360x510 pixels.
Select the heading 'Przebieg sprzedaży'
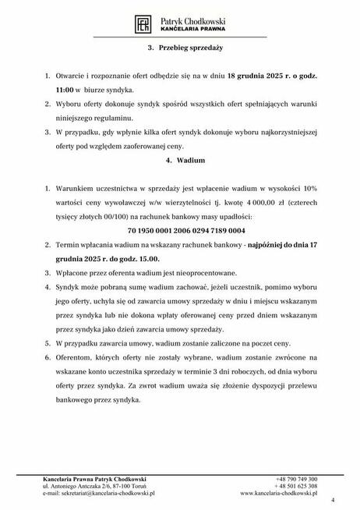tap(180, 47)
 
